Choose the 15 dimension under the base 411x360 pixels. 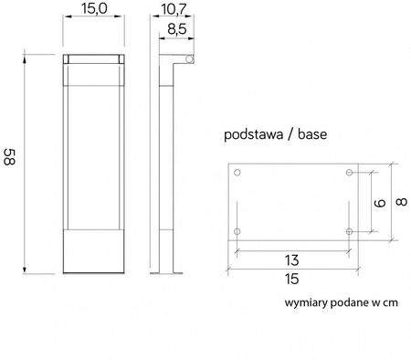pos(293,279)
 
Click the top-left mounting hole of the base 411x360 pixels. pos(237,174)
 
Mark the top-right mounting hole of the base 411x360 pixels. pos(350,174)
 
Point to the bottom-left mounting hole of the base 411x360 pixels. pos(237,232)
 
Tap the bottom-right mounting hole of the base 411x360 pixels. pos(350,232)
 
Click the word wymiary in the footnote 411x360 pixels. pos(303,301)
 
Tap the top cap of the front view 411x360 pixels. pos(93,60)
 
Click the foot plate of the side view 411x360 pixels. pos(170,272)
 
